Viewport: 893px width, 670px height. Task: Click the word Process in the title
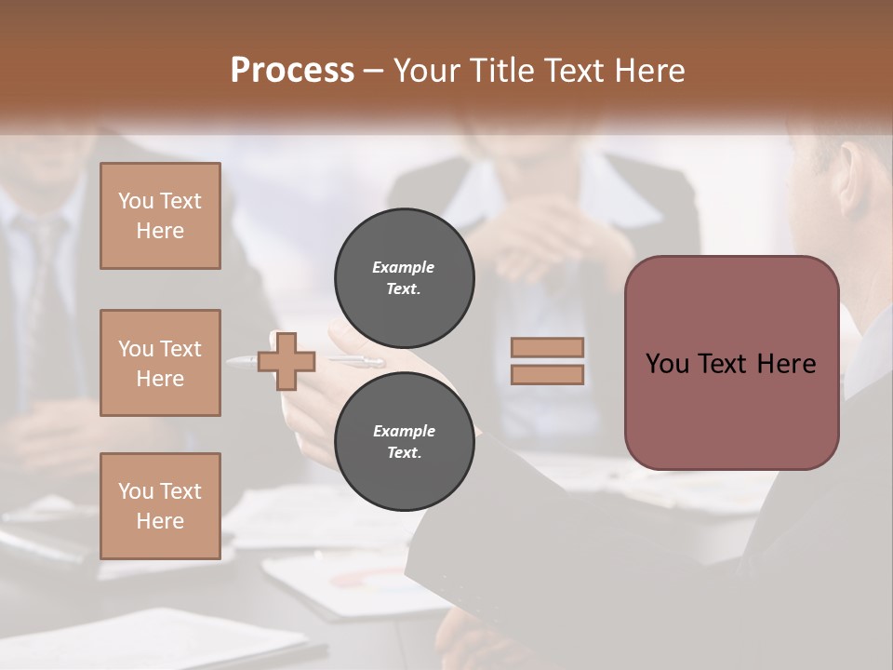click(292, 71)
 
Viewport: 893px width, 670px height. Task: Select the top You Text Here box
click(160, 216)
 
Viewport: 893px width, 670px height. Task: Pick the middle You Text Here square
click(160, 363)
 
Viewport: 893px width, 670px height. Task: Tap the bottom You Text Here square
click(160, 506)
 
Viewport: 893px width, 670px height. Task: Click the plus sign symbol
click(287, 362)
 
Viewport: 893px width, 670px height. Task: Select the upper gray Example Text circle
click(404, 277)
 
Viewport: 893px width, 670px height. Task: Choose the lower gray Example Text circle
click(404, 441)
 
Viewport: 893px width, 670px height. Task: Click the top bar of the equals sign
click(547, 348)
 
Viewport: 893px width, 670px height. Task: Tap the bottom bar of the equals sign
click(547, 374)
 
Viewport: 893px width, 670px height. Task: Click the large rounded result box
click(731, 363)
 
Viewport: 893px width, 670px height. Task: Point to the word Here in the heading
click(651, 71)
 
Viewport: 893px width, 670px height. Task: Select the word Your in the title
click(426, 71)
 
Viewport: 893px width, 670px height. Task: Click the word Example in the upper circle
click(404, 267)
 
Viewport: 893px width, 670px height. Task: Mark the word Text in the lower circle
click(404, 453)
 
